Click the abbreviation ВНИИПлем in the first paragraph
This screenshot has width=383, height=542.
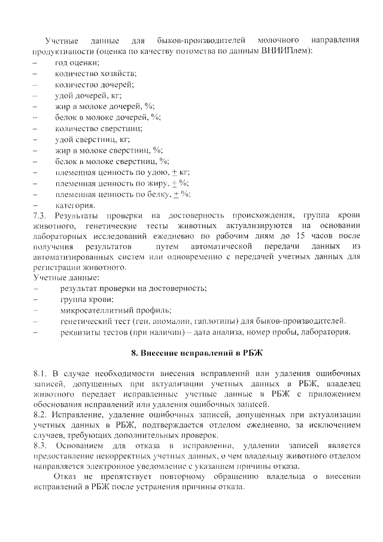coord(289,51)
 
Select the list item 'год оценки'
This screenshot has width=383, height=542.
coord(77,62)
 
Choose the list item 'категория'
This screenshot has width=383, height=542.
coord(75,205)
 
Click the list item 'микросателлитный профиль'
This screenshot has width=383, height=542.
coord(115,310)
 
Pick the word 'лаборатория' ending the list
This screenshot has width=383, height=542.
coord(327,332)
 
